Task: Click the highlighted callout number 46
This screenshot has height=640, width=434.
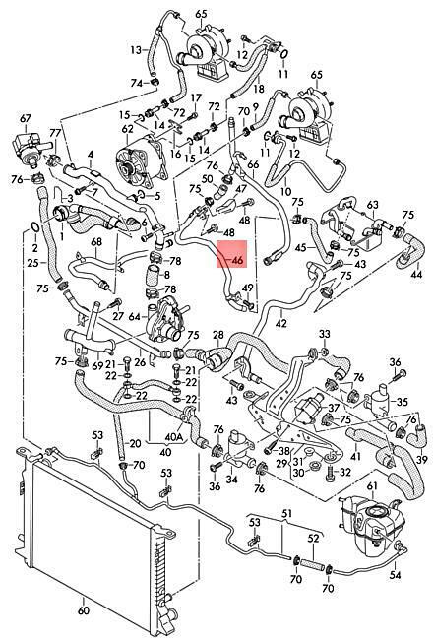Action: pyautogui.click(x=236, y=260)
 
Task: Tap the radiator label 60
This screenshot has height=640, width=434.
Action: pyautogui.click(x=83, y=610)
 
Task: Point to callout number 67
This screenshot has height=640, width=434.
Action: pyautogui.click(x=26, y=119)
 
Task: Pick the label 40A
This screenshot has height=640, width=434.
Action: pyautogui.click(x=173, y=437)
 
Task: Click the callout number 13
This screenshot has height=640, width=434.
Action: pyautogui.click(x=137, y=50)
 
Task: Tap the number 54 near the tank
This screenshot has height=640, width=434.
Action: pyautogui.click(x=396, y=575)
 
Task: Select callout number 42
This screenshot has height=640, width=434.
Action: pyautogui.click(x=281, y=323)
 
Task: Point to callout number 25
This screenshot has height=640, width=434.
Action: pyautogui.click(x=33, y=263)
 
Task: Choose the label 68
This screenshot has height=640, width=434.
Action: pyautogui.click(x=96, y=242)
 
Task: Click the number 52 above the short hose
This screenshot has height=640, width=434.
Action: pyautogui.click(x=313, y=539)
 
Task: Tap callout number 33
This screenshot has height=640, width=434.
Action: pyautogui.click(x=325, y=335)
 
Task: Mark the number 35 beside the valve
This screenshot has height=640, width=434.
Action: pyautogui.click(x=403, y=402)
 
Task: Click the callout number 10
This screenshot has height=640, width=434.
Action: pyautogui.click(x=286, y=191)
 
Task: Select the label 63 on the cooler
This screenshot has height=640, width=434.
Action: pyautogui.click(x=372, y=205)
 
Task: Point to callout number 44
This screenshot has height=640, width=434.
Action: pyautogui.click(x=416, y=275)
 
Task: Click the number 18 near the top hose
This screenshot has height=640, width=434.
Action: pyautogui.click(x=259, y=89)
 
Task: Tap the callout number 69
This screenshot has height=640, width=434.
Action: pyautogui.click(x=97, y=365)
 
